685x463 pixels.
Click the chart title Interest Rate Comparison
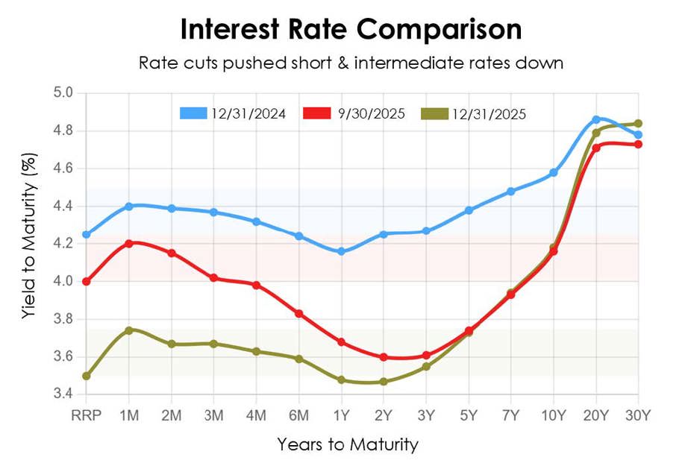[x=350, y=30]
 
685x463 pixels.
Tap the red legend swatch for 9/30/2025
[x=318, y=113]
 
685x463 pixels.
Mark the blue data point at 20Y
[x=596, y=119]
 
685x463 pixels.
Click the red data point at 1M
[x=129, y=243]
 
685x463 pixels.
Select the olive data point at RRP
[x=87, y=376]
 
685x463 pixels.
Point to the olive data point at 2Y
[x=384, y=381]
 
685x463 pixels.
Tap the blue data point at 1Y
[x=341, y=251]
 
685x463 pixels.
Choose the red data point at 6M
[x=298, y=313]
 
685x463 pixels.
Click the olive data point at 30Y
[x=639, y=124]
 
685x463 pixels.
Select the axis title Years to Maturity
[x=348, y=445]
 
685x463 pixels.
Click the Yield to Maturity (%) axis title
[x=28, y=243]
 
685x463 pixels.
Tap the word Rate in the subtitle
[x=155, y=63]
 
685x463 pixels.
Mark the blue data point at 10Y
[x=554, y=172]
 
